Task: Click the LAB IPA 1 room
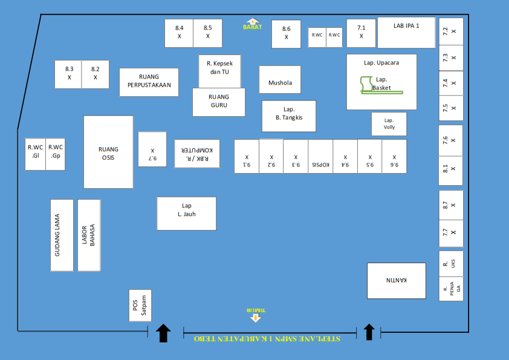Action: (406, 33)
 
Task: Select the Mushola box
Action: (280, 79)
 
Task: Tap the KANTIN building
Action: (396, 280)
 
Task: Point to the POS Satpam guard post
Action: (140, 306)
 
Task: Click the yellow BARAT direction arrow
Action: (253, 22)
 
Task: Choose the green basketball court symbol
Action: (366, 85)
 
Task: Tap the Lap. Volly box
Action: (389, 124)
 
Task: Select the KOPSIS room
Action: (320, 156)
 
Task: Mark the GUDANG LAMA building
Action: (62, 235)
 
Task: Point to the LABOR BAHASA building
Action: (89, 235)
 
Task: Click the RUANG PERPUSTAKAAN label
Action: (149, 82)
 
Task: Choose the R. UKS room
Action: (451, 264)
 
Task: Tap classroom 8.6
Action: (286, 34)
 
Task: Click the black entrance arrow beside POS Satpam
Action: (163, 332)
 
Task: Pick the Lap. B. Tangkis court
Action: (288, 116)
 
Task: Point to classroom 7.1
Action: (361, 33)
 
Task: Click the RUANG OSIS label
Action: (108, 152)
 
